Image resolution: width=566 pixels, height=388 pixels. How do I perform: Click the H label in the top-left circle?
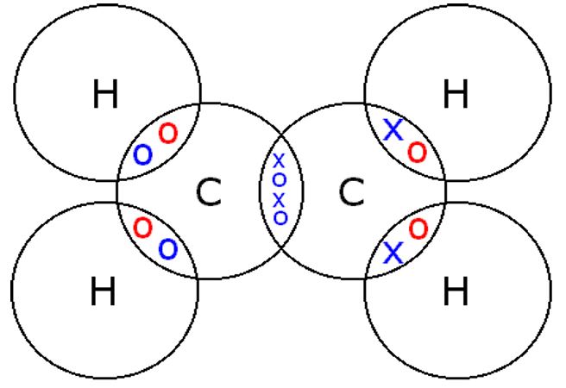click(104, 96)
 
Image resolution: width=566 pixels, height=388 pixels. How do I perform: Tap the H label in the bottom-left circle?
click(103, 293)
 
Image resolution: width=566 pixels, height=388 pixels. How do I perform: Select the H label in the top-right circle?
click(455, 96)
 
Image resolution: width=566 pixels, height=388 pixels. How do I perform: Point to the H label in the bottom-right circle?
click(455, 293)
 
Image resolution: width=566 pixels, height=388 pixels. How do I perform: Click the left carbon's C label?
click(208, 193)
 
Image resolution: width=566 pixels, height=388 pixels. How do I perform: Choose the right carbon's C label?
click(349, 193)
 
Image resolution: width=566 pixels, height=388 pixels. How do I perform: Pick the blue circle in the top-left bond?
click(142, 155)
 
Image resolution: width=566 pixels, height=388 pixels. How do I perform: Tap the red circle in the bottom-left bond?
click(143, 228)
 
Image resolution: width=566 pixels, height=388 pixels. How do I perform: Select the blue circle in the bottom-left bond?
click(168, 249)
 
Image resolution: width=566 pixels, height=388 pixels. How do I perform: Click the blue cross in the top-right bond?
click(393, 131)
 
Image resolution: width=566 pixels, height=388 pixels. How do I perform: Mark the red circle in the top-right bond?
click(417, 153)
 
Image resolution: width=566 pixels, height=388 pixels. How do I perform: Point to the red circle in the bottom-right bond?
click(418, 229)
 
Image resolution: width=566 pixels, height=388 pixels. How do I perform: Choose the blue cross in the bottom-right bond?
click(393, 253)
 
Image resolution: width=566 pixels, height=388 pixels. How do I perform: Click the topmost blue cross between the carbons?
click(279, 160)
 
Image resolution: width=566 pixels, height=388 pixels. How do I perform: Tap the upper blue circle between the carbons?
click(279, 179)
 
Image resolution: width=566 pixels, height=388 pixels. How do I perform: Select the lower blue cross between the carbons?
click(279, 198)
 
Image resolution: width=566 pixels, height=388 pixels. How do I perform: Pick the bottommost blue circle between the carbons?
click(280, 217)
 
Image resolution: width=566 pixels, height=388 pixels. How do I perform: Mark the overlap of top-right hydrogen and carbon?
click(405, 142)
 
